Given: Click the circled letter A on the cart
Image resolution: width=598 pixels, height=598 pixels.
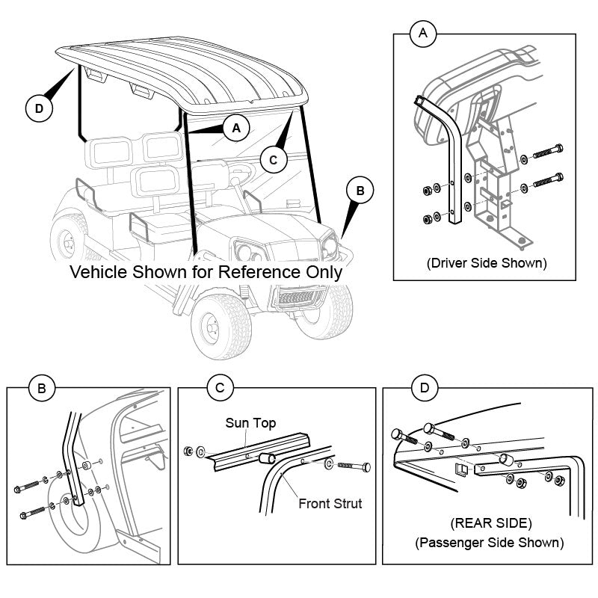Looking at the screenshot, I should (x=236, y=128).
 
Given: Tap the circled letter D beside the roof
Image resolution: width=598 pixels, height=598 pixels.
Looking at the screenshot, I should (x=39, y=108).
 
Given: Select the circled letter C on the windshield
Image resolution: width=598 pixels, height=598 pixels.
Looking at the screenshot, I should (x=274, y=158).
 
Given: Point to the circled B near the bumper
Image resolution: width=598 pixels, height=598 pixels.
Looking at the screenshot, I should (x=360, y=191).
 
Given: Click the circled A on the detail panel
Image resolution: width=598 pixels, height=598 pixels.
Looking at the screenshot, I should (x=424, y=33).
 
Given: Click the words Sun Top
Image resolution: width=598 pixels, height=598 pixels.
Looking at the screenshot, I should (x=250, y=423).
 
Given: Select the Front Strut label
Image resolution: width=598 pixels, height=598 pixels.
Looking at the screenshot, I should (x=330, y=503).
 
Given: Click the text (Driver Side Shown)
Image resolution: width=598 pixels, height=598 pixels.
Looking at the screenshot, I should (x=486, y=263).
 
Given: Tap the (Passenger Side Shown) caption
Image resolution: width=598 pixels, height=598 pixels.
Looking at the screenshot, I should (x=490, y=542).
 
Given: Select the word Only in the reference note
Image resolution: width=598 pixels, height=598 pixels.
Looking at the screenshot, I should (x=324, y=271).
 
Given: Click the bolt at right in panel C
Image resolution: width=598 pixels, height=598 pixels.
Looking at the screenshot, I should (x=354, y=466).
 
